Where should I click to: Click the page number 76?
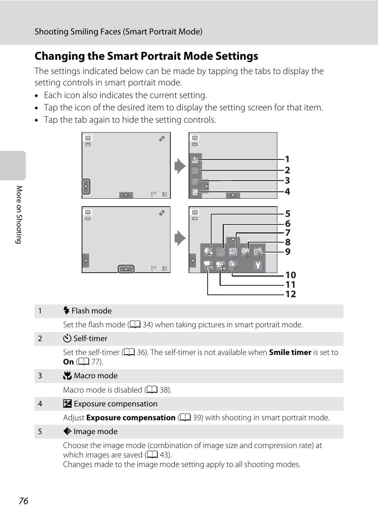23,501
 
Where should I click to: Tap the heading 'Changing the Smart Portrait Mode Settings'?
146,56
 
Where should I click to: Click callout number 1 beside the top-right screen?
287,159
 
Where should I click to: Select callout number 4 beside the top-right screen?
287,192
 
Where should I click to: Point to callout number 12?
290,294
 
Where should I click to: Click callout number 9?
288,252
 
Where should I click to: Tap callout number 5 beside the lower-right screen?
288,214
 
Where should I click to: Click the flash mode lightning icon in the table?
66,311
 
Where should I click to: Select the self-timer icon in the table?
67,338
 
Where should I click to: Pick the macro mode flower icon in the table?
67,376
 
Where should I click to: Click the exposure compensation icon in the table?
67,404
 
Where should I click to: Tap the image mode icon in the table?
67,431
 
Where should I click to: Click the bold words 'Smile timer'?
290,352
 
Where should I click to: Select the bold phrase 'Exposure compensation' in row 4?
131,418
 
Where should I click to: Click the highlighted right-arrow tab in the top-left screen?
86,186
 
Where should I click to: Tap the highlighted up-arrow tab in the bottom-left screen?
126,269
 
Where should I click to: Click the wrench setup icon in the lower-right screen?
258,265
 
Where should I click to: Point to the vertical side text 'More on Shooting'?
19,214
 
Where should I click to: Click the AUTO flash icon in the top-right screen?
195,160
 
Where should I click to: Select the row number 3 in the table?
40,376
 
